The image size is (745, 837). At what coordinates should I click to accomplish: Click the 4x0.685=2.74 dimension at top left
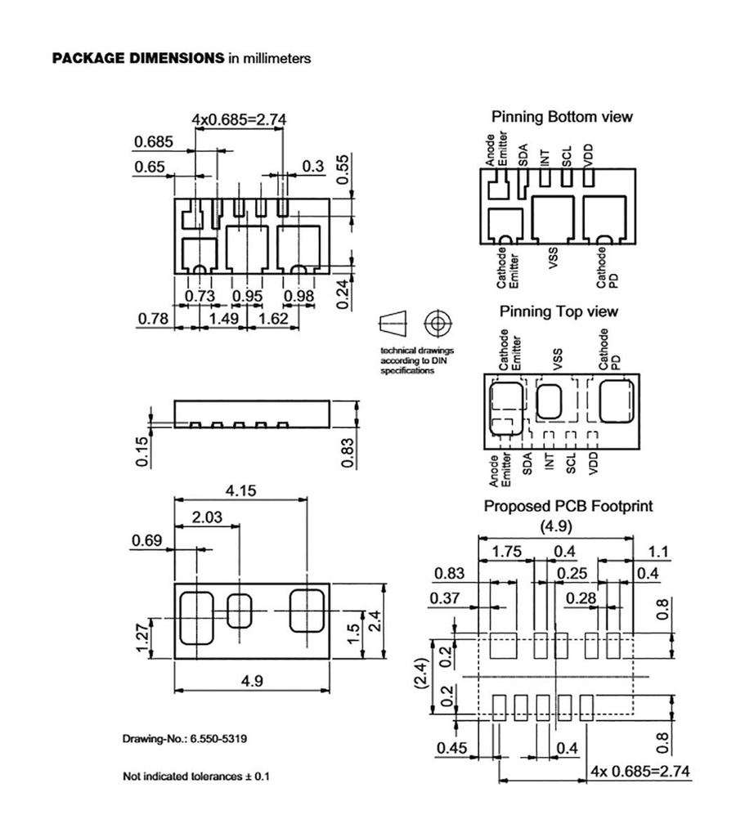pyautogui.click(x=238, y=119)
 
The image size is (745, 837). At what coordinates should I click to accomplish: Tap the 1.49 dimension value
pyautogui.click(x=223, y=318)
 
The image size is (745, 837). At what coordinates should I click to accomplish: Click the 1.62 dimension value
pyautogui.click(x=273, y=318)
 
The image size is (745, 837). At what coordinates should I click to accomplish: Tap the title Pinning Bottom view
pyautogui.click(x=561, y=117)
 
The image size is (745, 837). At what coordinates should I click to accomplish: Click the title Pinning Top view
pyautogui.click(x=559, y=311)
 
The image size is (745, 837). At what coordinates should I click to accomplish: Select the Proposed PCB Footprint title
pyautogui.click(x=568, y=506)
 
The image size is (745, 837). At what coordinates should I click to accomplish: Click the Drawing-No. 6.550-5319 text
pyautogui.click(x=185, y=739)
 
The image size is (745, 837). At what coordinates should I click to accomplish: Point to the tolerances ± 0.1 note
pyautogui.click(x=195, y=775)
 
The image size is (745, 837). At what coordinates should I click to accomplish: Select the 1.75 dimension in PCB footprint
pyautogui.click(x=506, y=552)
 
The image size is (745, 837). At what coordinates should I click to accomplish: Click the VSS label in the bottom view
pyautogui.click(x=554, y=264)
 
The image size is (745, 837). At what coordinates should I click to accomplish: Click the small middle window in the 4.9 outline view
pyautogui.click(x=240, y=610)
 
